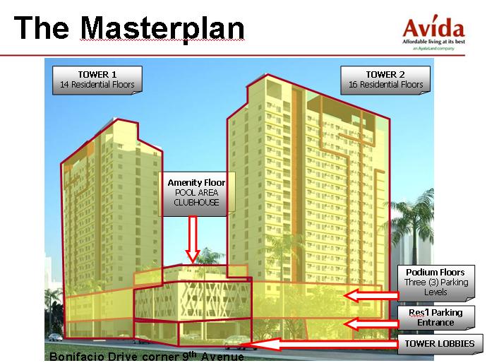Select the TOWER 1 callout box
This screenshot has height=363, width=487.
point(97,79)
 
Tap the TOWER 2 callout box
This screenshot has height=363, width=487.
point(385,79)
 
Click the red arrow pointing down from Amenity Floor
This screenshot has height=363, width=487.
point(191,239)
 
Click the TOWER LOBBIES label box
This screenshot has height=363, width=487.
point(440,344)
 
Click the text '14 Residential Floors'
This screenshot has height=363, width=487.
point(97,85)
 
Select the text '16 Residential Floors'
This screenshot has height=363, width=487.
point(385,85)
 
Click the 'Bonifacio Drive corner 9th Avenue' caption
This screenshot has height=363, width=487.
point(147,357)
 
